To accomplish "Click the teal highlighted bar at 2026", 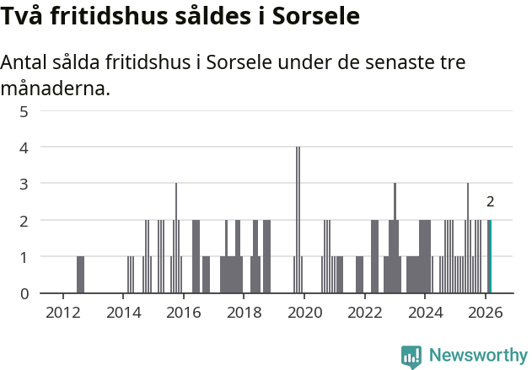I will click(x=489, y=256).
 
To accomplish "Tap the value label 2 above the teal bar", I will click(x=490, y=201).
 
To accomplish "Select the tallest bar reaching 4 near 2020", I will click(x=298, y=219).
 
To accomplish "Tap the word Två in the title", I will click(x=21, y=16).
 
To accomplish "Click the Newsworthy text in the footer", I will click(x=477, y=355).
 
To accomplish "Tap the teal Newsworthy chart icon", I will click(x=411, y=356).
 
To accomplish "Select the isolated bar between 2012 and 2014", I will click(x=80, y=275).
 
